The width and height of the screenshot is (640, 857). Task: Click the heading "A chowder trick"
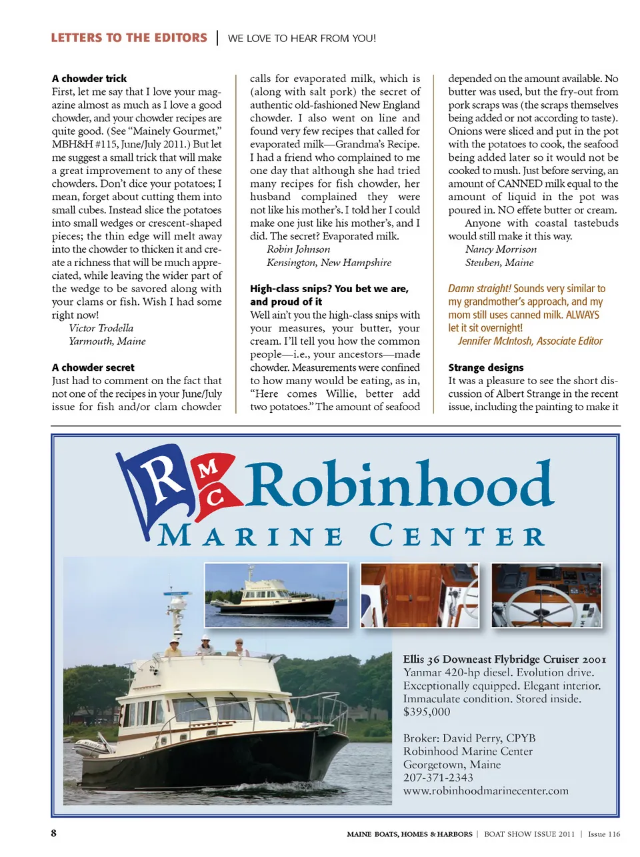click(x=89, y=79)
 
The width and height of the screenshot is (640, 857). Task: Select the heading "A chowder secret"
click(x=93, y=367)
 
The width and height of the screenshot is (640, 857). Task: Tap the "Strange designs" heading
click(x=486, y=367)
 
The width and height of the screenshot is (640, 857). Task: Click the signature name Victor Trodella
click(x=101, y=328)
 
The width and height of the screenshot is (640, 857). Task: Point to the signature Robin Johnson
click(x=299, y=249)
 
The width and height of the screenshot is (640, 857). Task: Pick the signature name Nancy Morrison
click(x=501, y=249)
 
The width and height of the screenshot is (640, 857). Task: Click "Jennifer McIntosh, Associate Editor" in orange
click(x=530, y=341)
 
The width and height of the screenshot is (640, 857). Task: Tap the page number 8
click(x=54, y=833)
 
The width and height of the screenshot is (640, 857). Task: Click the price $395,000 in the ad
click(x=427, y=712)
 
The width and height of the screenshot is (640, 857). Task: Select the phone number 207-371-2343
click(x=438, y=778)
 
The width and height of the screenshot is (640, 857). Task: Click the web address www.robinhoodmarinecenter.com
click(x=486, y=791)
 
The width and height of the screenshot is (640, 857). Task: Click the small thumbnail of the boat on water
click(x=276, y=596)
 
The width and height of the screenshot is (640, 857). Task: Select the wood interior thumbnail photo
click(x=419, y=596)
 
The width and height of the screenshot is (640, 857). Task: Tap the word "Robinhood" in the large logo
click(x=400, y=486)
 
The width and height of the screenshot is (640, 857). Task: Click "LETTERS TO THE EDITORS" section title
click(x=129, y=38)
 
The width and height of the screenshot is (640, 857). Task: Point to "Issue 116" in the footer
click(x=604, y=834)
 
